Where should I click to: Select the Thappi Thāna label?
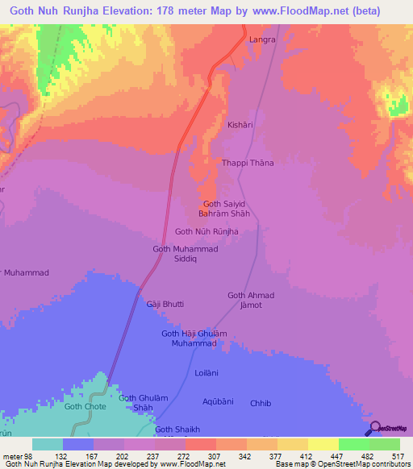248,163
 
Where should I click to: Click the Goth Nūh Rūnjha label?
207,231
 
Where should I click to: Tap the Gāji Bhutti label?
165,304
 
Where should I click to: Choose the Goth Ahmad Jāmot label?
252,301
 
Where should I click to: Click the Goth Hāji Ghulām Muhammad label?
194,338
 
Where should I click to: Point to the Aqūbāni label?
219,401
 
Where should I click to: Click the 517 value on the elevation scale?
397,456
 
